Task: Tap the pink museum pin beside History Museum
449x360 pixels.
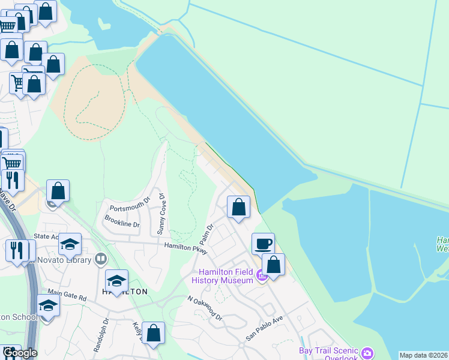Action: click(x=262, y=276)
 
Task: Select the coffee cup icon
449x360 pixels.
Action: click(x=263, y=244)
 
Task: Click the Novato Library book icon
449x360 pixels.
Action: click(x=101, y=259)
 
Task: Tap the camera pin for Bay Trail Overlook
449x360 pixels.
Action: click(x=367, y=352)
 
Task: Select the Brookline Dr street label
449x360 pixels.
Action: click(x=122, y=221)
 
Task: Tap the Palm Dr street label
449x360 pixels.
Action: click(x=210, y=232)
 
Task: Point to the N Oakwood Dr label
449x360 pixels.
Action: click(x=205, y=308)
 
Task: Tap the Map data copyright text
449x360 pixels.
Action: click(x=423, y=355)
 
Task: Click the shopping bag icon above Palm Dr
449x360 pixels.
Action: click(x=239, y=208)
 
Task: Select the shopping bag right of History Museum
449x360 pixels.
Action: click(x=273, y=265)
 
